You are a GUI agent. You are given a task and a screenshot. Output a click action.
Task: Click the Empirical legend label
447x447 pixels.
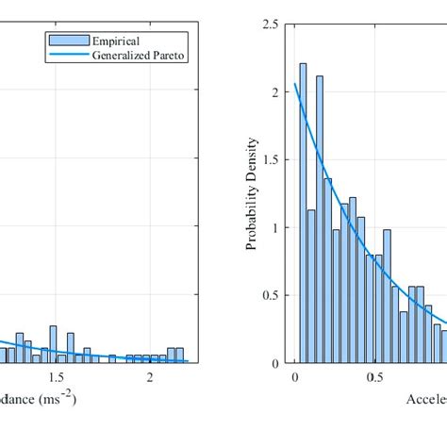[116, 41]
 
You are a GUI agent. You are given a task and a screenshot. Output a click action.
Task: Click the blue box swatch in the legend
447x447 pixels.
[68, 41]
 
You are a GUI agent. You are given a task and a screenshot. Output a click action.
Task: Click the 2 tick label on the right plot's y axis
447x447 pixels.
[274, 92]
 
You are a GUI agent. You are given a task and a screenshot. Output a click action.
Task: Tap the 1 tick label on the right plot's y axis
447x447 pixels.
[274, 228]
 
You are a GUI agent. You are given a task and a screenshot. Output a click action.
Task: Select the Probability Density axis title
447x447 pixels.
[252, 193]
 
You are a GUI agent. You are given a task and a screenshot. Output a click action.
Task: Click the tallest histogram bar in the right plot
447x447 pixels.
[303, 213]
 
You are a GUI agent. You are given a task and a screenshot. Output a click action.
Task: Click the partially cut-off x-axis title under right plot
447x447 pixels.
[425, 399]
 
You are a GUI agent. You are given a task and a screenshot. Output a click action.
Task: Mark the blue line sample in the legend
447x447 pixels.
[68, 55]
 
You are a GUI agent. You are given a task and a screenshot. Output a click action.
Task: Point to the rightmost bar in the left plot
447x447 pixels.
[181, 356]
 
